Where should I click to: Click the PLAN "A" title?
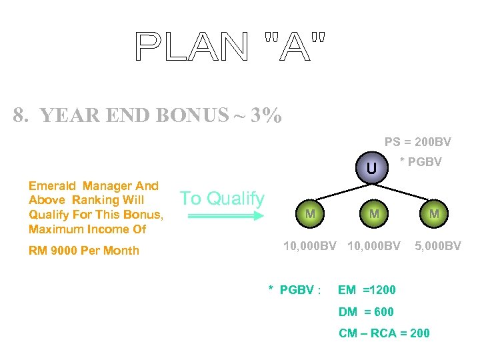(x=231, y=46)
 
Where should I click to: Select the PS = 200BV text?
(x=417, y=142)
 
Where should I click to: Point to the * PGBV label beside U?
(x=420, y=162)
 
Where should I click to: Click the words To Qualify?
(x=222, y=198)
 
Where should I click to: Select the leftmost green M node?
(x=310, y=214)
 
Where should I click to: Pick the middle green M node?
(x=374, y=214)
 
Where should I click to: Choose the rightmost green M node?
(x=434, y=214)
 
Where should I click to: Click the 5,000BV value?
(x=437, y=246)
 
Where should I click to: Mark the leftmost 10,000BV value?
(x=310, y=246)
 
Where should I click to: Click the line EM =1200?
(x=367, y=290)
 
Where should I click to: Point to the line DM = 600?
(x=366, y=311)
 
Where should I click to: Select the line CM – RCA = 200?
(x=384, y=333)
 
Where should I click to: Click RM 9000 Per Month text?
(x=84, y=251)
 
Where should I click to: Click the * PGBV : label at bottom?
(x=295, y=290)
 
